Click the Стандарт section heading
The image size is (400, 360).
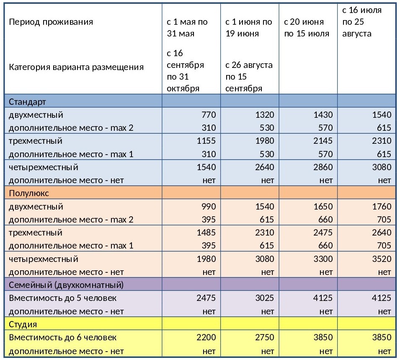27,101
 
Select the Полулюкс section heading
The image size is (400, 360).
29,193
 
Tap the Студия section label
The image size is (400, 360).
23,324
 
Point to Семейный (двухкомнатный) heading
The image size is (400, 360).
66,285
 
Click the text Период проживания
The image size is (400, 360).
51,22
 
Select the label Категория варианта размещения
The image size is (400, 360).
76,67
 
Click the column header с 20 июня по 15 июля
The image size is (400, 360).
307,28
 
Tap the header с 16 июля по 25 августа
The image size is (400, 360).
362,22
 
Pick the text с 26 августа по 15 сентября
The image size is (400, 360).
249,77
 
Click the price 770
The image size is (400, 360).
209,115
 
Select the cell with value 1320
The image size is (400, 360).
265,115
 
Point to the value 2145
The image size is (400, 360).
323,141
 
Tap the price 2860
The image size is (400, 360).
323,167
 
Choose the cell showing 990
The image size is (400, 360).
209,206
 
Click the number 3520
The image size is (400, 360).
382,259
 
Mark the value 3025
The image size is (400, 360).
265,298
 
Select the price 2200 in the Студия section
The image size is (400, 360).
206,337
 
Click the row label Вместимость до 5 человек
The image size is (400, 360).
63,298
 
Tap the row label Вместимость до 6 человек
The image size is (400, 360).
63,337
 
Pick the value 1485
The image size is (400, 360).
206,232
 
